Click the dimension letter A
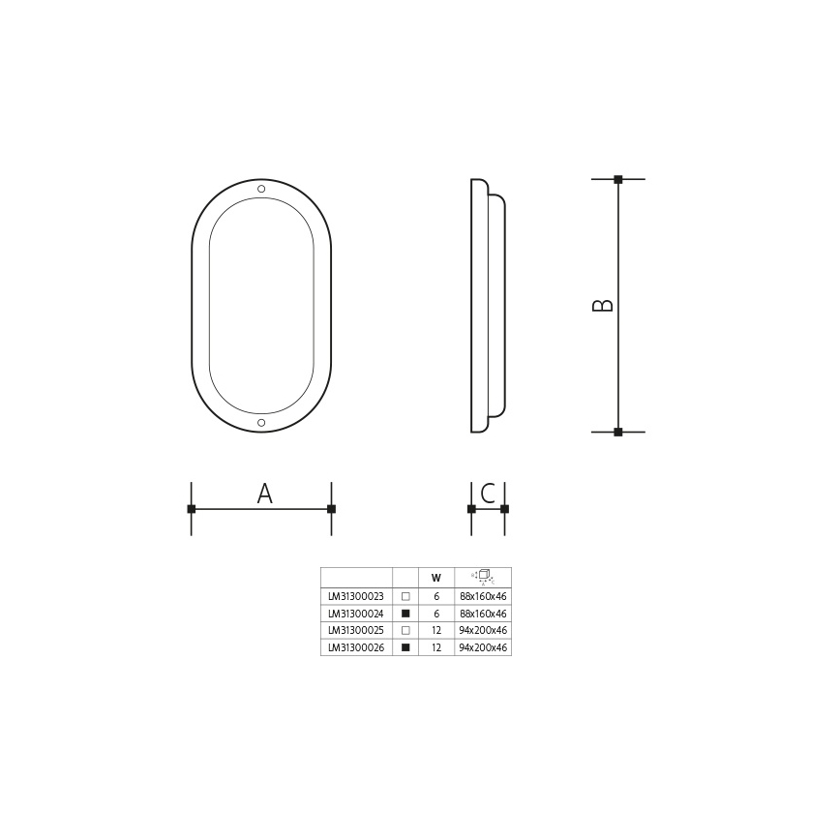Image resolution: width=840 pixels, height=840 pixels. pyautogui.click(x=264, y=494)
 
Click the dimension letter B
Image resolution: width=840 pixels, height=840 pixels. pyautogui.click(x=603, y=305)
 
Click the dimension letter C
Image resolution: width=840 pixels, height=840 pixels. pyautogui.click(x=488, y=494)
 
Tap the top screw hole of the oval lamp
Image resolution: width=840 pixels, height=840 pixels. pyautogui.click(x=261, y=188)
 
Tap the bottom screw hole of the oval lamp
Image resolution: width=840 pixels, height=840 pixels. pyautogui.click(x=261, y=423)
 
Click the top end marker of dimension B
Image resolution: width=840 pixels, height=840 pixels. pyautogui.click(x=618, y=179)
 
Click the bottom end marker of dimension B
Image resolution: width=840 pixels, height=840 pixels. pyautogui.click(x=618, y=432)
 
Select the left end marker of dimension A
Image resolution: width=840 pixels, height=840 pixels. pyautogui.click(x=192, y=508)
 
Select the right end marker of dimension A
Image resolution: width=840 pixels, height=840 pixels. pyautogui.click(x=331, y=508)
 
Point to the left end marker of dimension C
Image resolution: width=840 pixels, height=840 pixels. pyautogui.click(x=471, y=508)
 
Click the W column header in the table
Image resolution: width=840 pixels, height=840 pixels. pyautogui.click(x=436, y=579)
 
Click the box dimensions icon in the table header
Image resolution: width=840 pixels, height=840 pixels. pyautogui.click(x=483, y=577)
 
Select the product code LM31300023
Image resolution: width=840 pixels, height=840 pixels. pyautogui.click(x=356, y=597)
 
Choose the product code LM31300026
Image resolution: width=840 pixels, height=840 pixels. pyautogui.click(x=356, y=647)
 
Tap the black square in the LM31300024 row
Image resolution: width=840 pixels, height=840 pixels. pyautogui.click(x=405, y=614)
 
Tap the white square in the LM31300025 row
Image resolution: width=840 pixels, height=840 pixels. pyautogui.click(x=405, y=630)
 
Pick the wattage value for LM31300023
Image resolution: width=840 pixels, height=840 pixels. pyautogui.click(x=436, y=597)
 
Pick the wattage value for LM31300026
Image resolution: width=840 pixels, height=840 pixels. pyautogui.click(x=436, y=647)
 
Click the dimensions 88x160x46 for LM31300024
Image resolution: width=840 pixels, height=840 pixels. pyautogui.click(x=483, y=614)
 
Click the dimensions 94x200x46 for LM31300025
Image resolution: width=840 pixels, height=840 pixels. pyautogui.click(x=483, y=630)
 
